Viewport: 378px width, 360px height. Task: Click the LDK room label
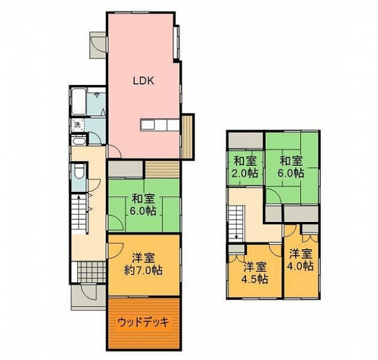pos(144,81)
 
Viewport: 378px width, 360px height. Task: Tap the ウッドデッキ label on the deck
pos(143,322)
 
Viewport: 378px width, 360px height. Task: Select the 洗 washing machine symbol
pos(77,125)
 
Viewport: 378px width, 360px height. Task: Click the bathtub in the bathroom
pos(79,101)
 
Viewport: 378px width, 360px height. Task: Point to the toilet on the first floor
pos(79,171)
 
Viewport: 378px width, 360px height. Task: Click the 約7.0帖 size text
pos(143,270)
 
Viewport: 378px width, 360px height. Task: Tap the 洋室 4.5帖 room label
pos(255,273)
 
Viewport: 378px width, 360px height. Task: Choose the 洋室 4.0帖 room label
pos(301,260)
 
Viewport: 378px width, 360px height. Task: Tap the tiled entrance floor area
pos(92,271)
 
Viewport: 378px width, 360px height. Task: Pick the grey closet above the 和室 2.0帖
pos(246,140)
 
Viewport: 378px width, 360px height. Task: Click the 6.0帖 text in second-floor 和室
pos(291,173)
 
